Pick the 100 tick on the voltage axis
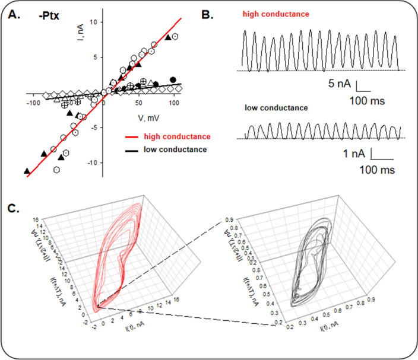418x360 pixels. point(173,103)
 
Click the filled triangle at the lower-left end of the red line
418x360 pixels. point(27,171)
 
